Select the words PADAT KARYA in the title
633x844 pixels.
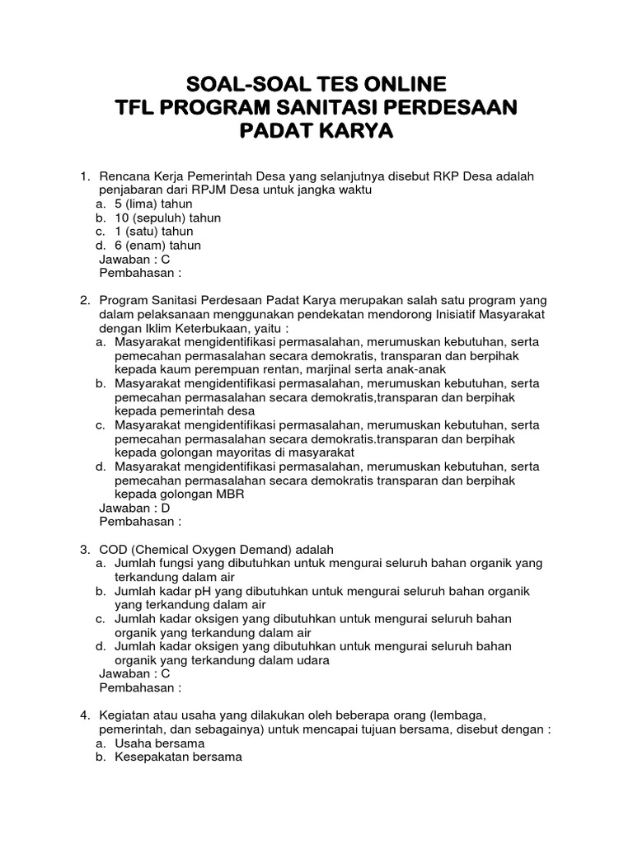coord(316,131)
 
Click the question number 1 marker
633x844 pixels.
coord(83,176)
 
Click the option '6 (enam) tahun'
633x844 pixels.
coord(157,246)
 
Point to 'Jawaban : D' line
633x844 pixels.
coord(134,508)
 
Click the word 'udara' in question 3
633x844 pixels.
coord(314,660)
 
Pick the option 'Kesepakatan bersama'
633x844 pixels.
coord(178,757)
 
